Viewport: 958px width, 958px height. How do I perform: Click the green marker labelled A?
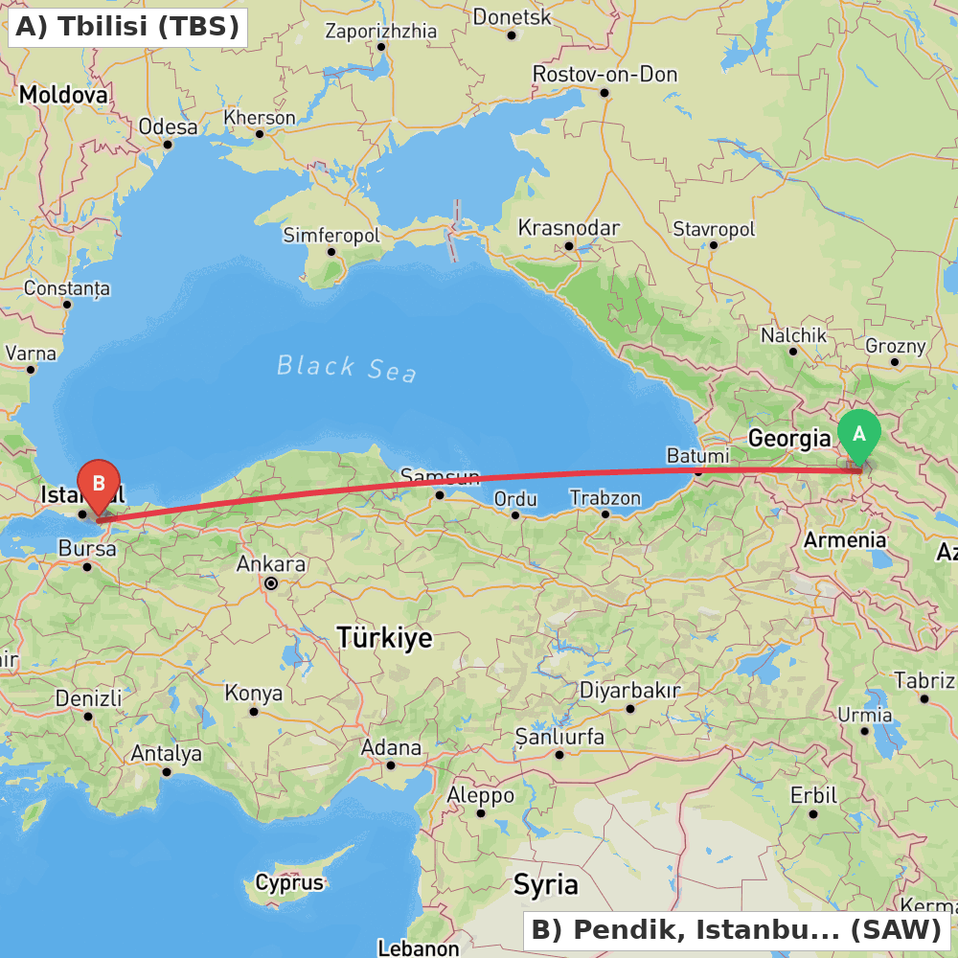click(x=859, y=435)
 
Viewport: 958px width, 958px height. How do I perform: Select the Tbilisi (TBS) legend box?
click(x=127, y=27)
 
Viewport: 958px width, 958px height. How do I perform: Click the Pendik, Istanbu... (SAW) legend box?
click(x=736, y=929)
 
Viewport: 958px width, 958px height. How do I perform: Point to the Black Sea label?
click(x=347, y=367)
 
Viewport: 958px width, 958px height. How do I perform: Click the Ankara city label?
click(x=272, y=563)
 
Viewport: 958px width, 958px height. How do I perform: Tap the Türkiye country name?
click(x=384, y=638)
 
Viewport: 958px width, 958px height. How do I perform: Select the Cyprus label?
click(x=289, y=882)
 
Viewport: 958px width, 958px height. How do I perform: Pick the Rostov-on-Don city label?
click(x=604, y=74)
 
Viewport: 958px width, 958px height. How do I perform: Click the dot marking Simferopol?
click(x=331, y=252)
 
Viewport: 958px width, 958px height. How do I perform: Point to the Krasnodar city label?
click(x=568, y=228)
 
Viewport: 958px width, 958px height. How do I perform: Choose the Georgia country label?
click(x=789, y=439)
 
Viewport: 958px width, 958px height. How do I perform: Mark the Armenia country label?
click(x=845, y=539)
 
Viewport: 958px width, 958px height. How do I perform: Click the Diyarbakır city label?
click(x=629, y=691)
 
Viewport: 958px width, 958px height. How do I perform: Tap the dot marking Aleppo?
click(x=481, y=813)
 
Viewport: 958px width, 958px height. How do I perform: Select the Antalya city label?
click(x=166, y=754)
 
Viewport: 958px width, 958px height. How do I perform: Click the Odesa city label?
click(x=168, y=127)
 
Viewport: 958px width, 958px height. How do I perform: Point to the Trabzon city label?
click(x=604, y=497)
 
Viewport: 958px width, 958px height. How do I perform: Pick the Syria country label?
click(x=545, y=883)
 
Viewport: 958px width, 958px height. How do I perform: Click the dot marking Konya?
click(x=254, y=712)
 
